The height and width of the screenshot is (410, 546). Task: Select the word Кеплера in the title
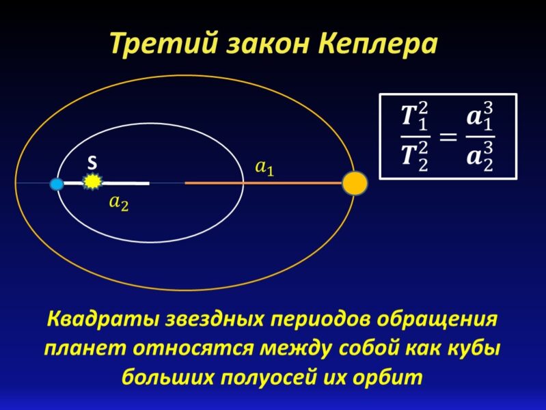[x=378, y=44]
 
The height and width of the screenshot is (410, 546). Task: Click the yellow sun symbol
[x=93, y=182]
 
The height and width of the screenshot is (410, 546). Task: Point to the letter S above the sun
[x=92, y=163]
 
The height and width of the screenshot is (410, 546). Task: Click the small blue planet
[x=57, y=184]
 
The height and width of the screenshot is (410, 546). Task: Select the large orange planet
[x=355, y=183]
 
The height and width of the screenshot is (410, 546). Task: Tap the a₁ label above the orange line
[x=264, y=168]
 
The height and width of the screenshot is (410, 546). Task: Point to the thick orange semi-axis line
[x=264, y=182]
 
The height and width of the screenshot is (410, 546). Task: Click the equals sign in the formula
[x=448, y=136]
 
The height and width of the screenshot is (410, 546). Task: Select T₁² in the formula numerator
[x=415, y=117]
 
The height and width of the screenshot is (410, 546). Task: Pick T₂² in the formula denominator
[x=415, y=157]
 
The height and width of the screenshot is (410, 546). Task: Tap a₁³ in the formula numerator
[x=480, y=117]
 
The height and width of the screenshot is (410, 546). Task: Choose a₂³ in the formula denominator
[x=480, y=157]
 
